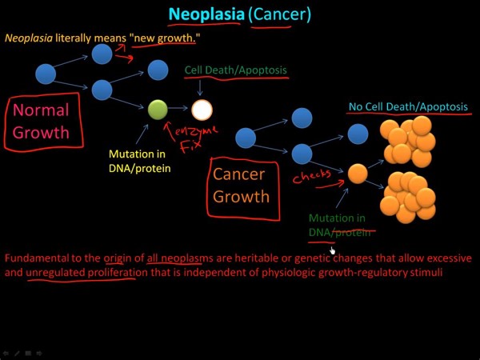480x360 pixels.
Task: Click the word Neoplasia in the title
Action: (x=205, y=14)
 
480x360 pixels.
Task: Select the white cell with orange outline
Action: (x=202, y=110)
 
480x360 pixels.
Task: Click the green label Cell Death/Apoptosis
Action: (x=235, y=70)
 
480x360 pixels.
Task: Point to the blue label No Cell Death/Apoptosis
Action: (x=408, y=106)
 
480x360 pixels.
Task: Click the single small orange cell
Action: (x=358, y=173)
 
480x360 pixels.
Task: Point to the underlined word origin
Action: (x=115, y=258)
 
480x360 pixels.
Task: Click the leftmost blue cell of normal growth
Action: (x=46, y=74)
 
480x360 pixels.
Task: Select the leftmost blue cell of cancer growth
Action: (x=246, y=138)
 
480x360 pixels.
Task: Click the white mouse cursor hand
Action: (x=333, y=250)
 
